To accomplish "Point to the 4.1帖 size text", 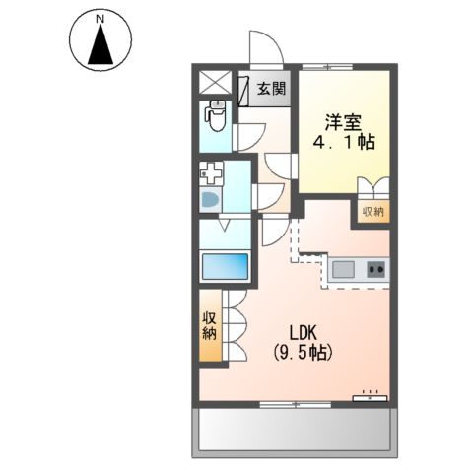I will pyautogui.click(x=344, y=142).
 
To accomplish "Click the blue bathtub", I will pyautogui.click(x=224, y=267).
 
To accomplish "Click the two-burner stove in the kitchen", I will pyautogui.click(x=374, y=268).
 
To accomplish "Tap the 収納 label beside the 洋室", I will pyautogui.click(x=372, y=211).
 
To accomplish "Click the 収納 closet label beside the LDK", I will pyautogui.click(x=210, y=324).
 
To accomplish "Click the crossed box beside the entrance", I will pyautogui.click(x=214, y=83).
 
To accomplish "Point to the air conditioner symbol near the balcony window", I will pyautogui.click(x=370, y=397).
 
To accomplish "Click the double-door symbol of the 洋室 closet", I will pyautogui.click(x=372, y=188).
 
